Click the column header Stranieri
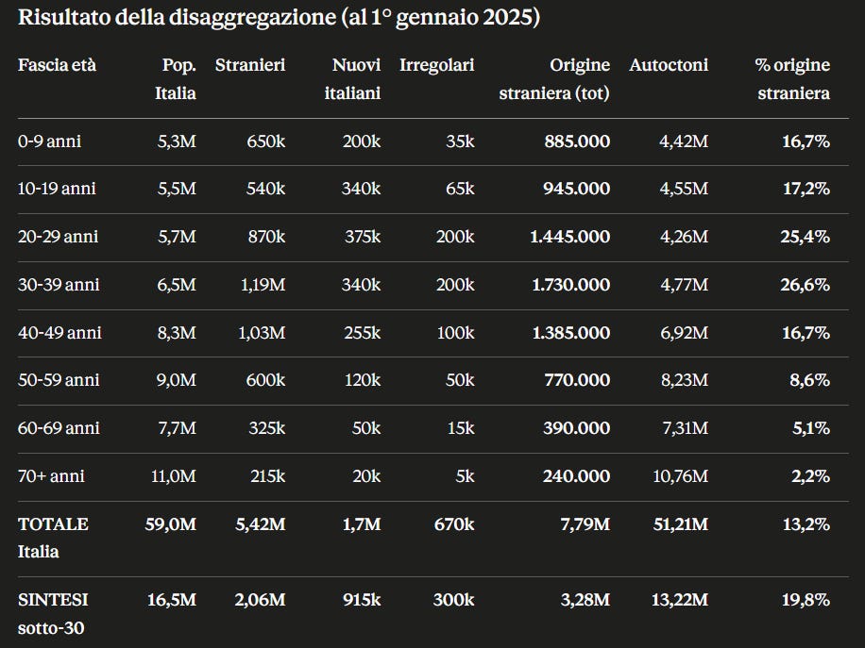250,65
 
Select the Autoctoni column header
669,65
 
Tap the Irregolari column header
437,65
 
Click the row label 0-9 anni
50,141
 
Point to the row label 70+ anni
51,476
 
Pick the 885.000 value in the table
577,141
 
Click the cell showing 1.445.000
569,237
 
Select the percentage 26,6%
805,285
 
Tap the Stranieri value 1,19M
263,285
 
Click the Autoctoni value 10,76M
680,476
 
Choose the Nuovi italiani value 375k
363,237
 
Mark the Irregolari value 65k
460,189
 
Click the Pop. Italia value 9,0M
176,380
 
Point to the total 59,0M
171,524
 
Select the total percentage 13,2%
806,524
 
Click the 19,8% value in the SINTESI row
806,600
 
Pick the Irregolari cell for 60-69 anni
461,428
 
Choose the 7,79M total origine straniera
585,524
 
